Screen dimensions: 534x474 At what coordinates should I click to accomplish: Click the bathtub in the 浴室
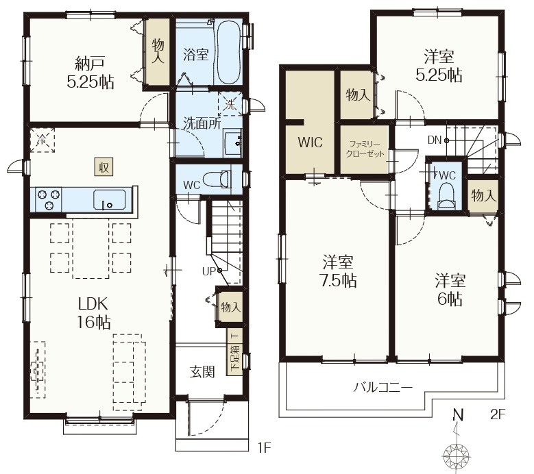point(229,53)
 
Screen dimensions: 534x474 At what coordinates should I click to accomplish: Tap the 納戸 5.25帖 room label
point(90,73)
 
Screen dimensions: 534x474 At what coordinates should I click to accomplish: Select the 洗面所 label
point(202,123)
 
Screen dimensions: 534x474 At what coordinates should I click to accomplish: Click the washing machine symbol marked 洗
point(230,104)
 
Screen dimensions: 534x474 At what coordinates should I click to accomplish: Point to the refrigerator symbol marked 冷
point(42,140)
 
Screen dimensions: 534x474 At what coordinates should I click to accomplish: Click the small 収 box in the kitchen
point(104,167)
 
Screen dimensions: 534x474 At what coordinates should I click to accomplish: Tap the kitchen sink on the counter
point(109,201)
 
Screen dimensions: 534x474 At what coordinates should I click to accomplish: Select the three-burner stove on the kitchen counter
point(48,200)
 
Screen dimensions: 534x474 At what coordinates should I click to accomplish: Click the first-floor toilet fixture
point(217,179)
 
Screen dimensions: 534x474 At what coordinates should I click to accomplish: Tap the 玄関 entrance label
point(202,372)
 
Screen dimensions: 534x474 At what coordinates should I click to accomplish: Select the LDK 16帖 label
point(94,313)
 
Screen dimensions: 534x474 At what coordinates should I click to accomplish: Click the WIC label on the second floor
point(310,142)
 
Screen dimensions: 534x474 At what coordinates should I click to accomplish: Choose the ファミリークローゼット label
point(365,149)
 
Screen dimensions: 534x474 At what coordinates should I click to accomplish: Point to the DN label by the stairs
point(435,140)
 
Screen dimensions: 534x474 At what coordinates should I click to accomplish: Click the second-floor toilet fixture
point(446,196)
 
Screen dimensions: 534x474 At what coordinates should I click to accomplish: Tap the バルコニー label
point(383,387)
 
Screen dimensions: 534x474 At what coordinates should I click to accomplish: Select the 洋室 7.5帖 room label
point(338,271)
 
